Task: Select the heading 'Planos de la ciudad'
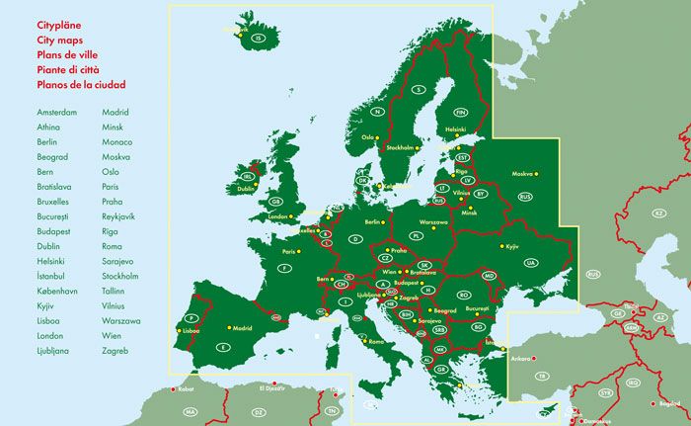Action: click(81, 85)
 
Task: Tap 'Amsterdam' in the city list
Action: click(56, 113)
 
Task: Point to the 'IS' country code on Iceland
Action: click(259, 39)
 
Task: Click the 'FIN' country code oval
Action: click(461, 113)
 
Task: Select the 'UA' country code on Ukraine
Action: click(530, 262)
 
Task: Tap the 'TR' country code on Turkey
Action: click(541, 377)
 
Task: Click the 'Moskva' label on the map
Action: click(522, 174)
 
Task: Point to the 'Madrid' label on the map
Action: click(243, 328)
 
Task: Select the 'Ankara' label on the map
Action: click(520, 358)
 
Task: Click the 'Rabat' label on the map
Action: click(186, 389)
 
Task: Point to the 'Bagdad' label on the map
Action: click(670, 403)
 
